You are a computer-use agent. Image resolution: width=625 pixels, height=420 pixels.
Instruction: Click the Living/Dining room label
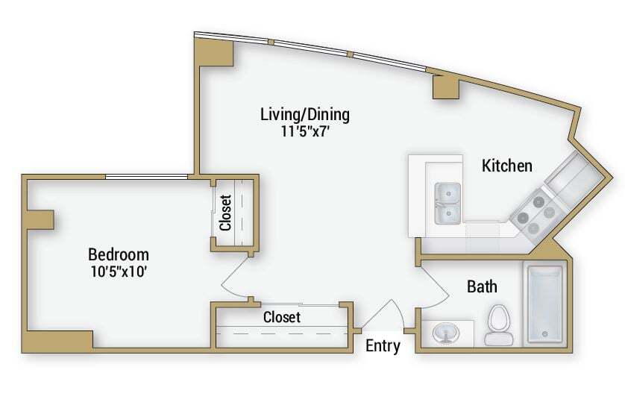(x=304, y=115)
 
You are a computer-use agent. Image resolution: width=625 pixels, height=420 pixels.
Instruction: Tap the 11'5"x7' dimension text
(x=304, y=131)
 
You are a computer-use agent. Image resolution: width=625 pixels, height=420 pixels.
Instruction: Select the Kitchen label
(x=507, y=166)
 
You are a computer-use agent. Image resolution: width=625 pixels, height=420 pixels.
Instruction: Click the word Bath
(x=482, y=286)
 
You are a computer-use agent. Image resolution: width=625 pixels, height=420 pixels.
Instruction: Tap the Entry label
(x=383, y=346)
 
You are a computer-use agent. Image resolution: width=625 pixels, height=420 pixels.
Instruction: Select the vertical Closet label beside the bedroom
(x=226, y=212)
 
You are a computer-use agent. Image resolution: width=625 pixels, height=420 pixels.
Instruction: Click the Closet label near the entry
(x=282, y=317)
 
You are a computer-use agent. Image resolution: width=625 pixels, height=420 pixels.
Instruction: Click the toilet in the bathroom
(x=499, y=327)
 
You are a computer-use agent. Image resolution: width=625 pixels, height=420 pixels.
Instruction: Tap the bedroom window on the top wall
(x=145, y=177)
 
